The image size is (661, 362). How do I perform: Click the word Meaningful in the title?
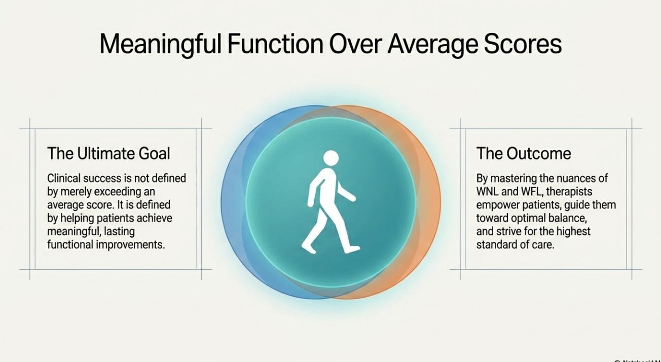(160, 45)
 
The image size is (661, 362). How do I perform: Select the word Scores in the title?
(523, 44)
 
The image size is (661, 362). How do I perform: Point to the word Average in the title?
(432, 45)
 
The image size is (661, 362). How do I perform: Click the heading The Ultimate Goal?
(108, 154)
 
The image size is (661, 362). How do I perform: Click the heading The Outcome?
(524, 154)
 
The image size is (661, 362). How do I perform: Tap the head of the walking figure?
(331, 158)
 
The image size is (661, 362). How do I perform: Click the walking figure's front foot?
(352, 249)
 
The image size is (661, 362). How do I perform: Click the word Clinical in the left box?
(63, 178)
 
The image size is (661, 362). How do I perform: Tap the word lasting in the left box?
(119, 232)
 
